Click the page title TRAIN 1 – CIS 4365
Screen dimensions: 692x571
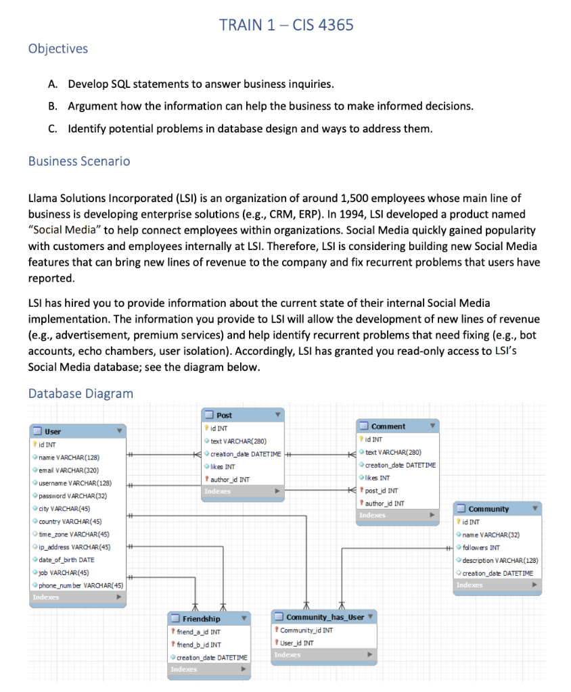pyautogui.click(x=285, y=25)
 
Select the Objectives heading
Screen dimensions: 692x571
pyautogui.click(x=58, y=49)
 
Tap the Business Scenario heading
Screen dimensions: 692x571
pyautogui.click(x=79, y=161)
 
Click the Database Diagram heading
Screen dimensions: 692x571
pyautogui.click(x=81, y=393)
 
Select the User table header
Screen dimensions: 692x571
pyautogui.click(x=53, y=431)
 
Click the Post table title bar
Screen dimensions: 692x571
pyautogui.click(x=225, y=415)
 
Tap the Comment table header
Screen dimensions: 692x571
pyautogui.click(x=388, y=426)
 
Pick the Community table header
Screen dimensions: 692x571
pyautogui.click(x=488, y=508)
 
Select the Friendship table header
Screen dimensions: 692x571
pyautogui.click(x=202, y=618)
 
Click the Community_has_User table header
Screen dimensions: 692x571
pyautogui.click(x=325, y=617)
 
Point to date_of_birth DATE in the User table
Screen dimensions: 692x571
pyautogui.click(x=66, y=560)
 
